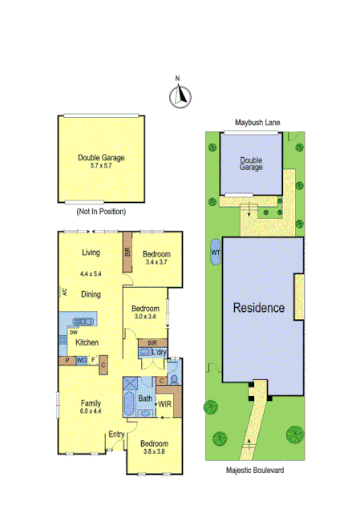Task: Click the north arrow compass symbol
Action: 180,95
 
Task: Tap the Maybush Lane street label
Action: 257,123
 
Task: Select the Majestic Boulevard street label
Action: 254,472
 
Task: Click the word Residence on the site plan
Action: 259,307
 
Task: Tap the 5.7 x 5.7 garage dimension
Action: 101,165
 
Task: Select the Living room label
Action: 91,253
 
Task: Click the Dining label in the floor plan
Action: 91,294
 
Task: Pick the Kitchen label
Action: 87,342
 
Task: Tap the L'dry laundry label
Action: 158,352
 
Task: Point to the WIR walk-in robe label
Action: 164,404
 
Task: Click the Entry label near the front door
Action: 117,435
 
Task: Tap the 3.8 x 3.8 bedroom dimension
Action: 154,452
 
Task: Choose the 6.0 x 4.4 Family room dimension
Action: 90,411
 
